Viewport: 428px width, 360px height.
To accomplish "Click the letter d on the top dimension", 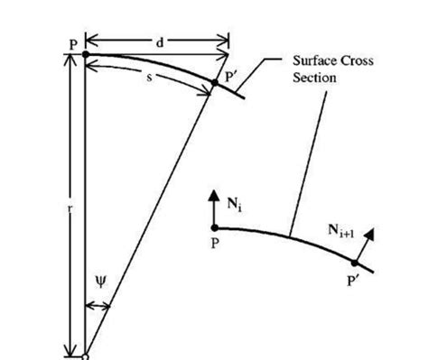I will pyautogui.click(x=161, y=41).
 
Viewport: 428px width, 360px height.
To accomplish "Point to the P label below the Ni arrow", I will pyautogui.click(x=216, y=245).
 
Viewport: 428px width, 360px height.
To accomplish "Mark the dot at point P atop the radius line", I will pyautogui.click(x=85, y=54).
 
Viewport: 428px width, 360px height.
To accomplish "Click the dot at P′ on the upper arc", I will pyautogui.click(x=214, y=83).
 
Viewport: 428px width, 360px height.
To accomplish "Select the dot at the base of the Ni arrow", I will pyautogui.click(x=215, y=227).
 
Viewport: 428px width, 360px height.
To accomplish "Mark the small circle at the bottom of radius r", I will pyautogui.click(x=85, y=356).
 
